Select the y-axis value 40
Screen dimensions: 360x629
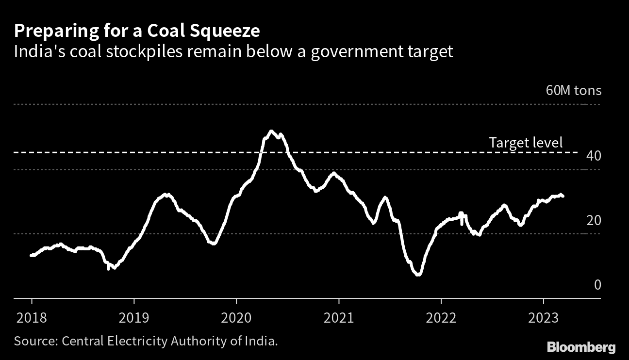(594, 156)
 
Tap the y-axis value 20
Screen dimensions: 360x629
(594, 220)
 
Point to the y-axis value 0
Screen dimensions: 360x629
(597, 285)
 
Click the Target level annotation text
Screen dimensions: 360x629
(526, 143)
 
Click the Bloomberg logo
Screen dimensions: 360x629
(581, 347)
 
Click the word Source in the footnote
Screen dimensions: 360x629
(35, 341)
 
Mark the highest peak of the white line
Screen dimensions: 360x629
(271, 131)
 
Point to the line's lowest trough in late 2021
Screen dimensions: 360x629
(418, 275)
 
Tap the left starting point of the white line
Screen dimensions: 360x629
(32, 255)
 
